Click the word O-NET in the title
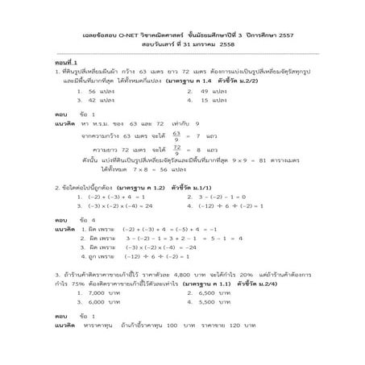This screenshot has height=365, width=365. pyautogui.click(x=134, y=31)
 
